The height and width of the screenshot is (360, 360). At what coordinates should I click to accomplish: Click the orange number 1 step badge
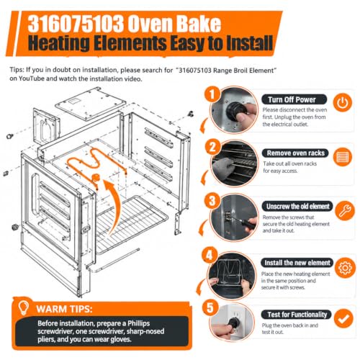[212, 94]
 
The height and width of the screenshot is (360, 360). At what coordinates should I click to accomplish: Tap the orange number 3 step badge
[212, 201]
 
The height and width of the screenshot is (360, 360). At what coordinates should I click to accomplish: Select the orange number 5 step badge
[210, 307]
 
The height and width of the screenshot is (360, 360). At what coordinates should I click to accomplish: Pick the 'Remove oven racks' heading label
[295, 153]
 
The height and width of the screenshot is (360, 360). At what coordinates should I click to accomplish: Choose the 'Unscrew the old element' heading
[297, 207]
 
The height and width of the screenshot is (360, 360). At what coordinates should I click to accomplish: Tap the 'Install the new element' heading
[297, 263]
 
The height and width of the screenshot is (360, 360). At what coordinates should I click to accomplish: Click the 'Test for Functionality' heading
[297, 315]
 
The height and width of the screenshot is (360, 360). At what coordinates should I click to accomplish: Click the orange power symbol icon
[343, 102]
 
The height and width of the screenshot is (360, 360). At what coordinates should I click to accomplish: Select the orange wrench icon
[345, 210]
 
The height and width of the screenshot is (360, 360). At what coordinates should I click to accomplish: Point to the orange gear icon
[345, 268]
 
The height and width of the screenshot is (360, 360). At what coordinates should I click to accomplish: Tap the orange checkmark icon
[343, 319]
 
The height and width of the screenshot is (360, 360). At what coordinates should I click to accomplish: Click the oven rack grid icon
[343, 157]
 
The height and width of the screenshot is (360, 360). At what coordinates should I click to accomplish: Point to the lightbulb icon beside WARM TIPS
[24, 307]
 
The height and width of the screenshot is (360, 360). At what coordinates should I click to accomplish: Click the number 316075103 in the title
[76, 24]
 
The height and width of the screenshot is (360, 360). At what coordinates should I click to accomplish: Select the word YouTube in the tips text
[32, 78]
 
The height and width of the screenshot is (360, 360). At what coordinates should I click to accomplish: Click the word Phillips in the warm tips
[138, 323]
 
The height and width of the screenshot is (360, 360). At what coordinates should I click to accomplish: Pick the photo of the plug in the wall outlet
[231, 322]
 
